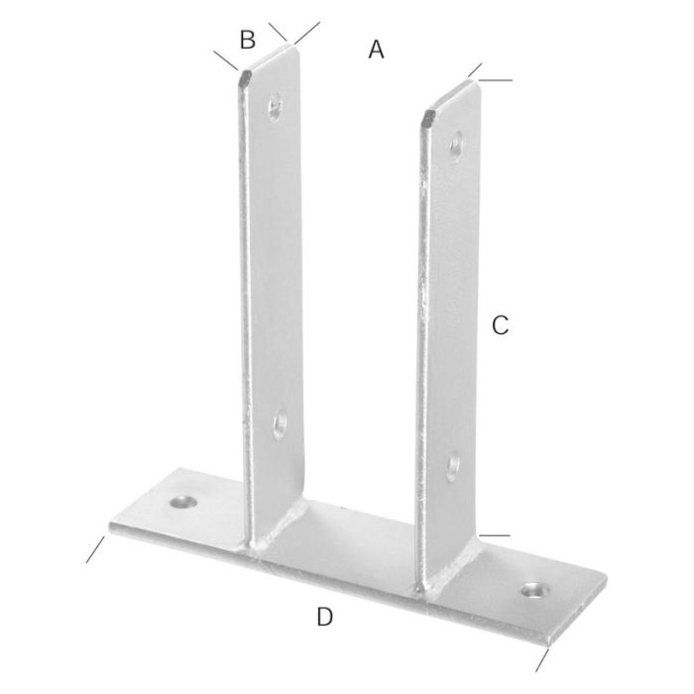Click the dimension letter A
coord(376,49)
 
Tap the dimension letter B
coord(248,41)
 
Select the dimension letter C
coord(501,324)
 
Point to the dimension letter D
coord(324,617)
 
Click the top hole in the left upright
coord(274,104)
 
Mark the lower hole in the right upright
coord(453,463)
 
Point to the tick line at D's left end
coord(95,549)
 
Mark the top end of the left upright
coord(270,58)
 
